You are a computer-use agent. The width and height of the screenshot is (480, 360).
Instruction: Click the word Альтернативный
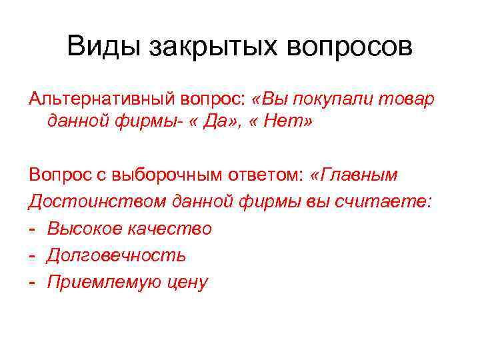coord(100,99)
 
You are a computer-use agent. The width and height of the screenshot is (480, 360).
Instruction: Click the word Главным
coord(359,175)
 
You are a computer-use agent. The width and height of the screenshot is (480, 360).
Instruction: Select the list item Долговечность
coord(116,255)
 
